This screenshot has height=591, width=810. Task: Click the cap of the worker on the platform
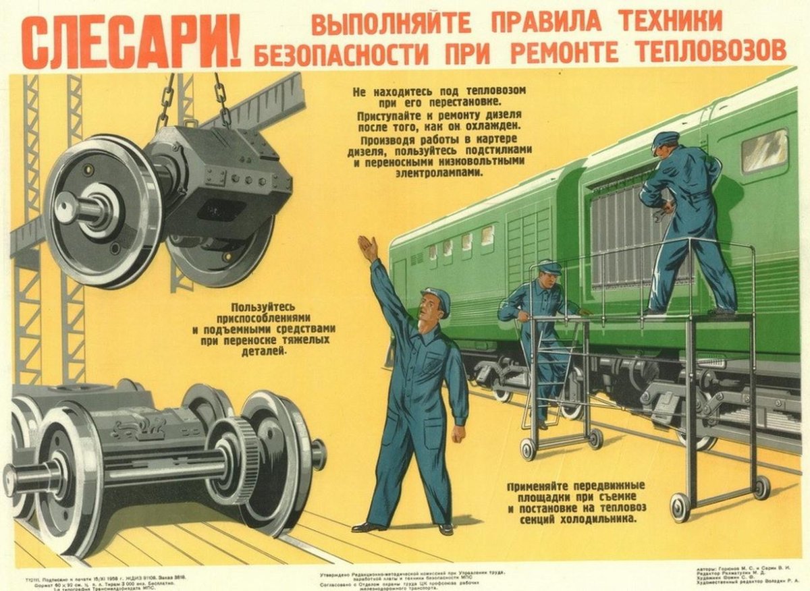pyautogui.click(x=665, y=139)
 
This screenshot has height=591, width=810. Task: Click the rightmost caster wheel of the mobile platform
pyautogui.click(x=761, y=487)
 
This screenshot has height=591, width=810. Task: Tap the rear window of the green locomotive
pyautogui.click(x=764, y=151)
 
